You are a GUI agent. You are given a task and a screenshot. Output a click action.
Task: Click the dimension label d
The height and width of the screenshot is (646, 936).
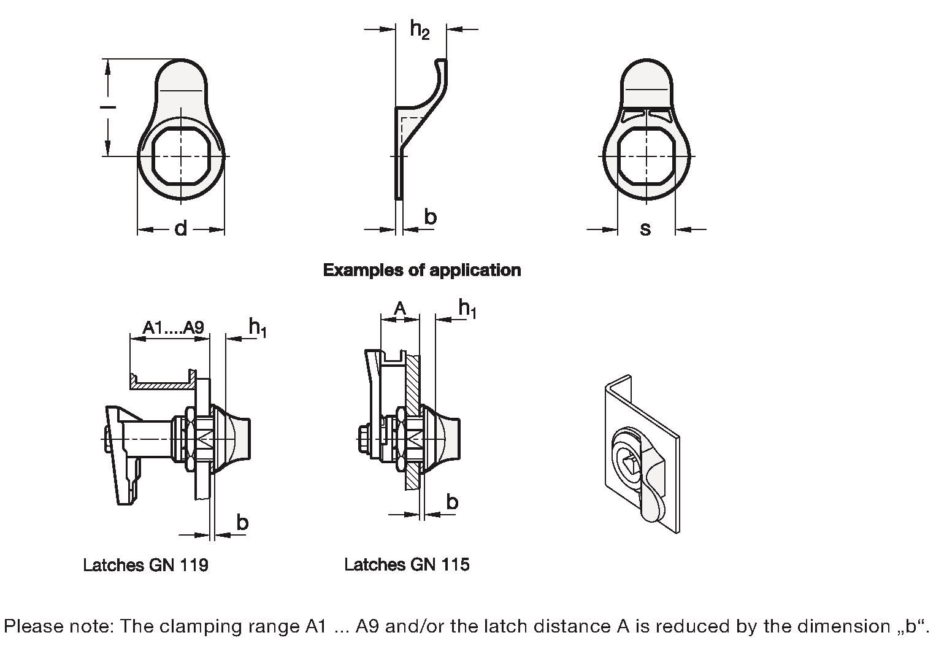pos(180,229)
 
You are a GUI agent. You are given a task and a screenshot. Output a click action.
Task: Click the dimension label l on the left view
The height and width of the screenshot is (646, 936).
pos(108,108)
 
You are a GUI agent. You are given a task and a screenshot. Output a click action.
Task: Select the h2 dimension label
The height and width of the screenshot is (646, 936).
pos(420,29)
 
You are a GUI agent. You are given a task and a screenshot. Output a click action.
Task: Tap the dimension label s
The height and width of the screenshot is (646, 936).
pos(646,229)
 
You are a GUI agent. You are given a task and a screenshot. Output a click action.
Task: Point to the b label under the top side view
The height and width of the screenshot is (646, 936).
pos(431,217)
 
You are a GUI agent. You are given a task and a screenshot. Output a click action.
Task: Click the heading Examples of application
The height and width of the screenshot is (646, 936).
pos(422,271)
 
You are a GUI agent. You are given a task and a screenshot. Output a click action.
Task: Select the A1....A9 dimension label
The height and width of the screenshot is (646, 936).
pos(173,327)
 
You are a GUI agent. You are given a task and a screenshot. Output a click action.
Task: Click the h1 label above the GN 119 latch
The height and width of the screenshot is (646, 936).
pos(258,327)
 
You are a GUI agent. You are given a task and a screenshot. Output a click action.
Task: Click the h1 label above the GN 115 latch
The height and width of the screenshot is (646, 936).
pos(467,309)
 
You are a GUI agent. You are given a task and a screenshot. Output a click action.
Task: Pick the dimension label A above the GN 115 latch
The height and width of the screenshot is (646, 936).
pos(400,309)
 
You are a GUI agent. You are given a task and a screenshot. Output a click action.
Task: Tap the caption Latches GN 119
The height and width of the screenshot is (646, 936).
pos(146,565)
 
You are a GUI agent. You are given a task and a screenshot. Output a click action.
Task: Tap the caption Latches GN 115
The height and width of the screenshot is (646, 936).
pos(407,564)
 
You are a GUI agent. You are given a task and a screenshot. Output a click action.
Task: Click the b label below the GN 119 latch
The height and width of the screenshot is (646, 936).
pos(242,522)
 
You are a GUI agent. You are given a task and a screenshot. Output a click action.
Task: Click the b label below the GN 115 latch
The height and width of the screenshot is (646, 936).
pos(452,501)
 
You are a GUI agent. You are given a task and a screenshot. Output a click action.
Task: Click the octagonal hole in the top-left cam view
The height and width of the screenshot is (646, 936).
pos(181,156)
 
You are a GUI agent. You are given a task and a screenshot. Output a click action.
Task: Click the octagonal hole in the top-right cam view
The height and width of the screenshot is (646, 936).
pos(646,156)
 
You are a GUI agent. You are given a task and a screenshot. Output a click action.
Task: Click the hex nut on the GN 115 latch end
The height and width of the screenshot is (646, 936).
pos(364,439)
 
